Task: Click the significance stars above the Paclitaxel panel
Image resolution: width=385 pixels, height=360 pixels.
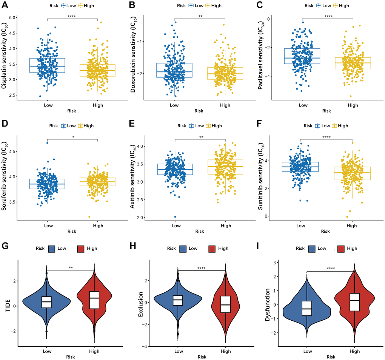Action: pyautogui.click(x=328, y=16)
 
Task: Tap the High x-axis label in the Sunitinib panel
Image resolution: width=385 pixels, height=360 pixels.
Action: pyautogui.click(x=351, y=226)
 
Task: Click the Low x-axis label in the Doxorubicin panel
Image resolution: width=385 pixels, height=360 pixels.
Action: pyautogui.click(x=174, y=105)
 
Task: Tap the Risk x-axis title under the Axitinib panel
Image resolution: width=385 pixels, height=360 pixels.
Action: pyautogui.click(x=200, y=232)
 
